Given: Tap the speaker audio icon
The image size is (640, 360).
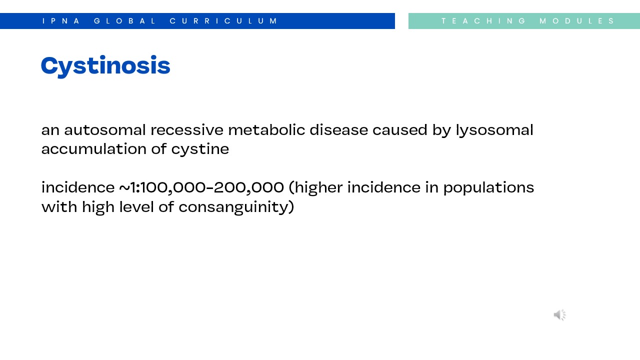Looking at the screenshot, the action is click(x=559, y=315).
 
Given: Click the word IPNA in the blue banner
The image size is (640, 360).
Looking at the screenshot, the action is click(x=61, y=21).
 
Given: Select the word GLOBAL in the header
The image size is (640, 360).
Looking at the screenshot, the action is click(x=125, y=21).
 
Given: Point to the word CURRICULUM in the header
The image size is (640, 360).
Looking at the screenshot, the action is click(x=223, y=21).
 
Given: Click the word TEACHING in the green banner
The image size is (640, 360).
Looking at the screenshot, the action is click(x=483, y=21).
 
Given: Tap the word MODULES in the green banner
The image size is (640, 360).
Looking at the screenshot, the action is click(x=577, y=21).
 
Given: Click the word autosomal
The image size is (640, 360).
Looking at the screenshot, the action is click(x=105, y=130).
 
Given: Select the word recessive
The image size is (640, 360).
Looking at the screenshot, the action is click(x=187, y=130).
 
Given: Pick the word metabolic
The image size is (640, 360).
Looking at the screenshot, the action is click(x=266, y=130).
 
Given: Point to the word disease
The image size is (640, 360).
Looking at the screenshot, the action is click(x=339, y=130).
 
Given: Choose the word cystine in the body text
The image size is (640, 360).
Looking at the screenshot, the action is click(x=200, y=149).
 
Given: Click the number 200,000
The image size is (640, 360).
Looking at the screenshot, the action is click(x=248, y=188).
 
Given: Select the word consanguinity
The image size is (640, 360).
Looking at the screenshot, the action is click(x=234, y=207).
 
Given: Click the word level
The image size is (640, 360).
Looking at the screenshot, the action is click(x=137, y=206).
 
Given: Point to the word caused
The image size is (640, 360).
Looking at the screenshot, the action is click(x=400, y=130).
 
